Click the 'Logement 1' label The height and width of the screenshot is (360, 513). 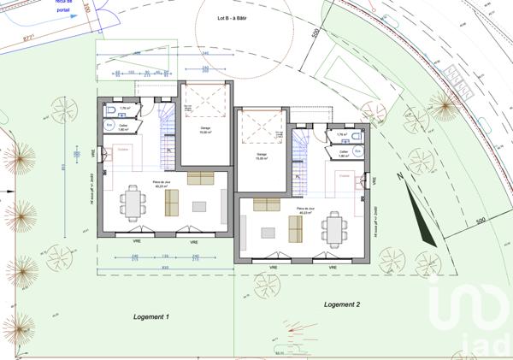(151, 317)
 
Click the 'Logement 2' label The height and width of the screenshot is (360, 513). (342, 304)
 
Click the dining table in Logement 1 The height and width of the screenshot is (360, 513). (132, 201)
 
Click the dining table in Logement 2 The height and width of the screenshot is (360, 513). (333, 227)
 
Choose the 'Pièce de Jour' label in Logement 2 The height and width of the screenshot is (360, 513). (306, 209)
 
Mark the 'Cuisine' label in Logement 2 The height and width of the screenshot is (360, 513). (345, 174)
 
